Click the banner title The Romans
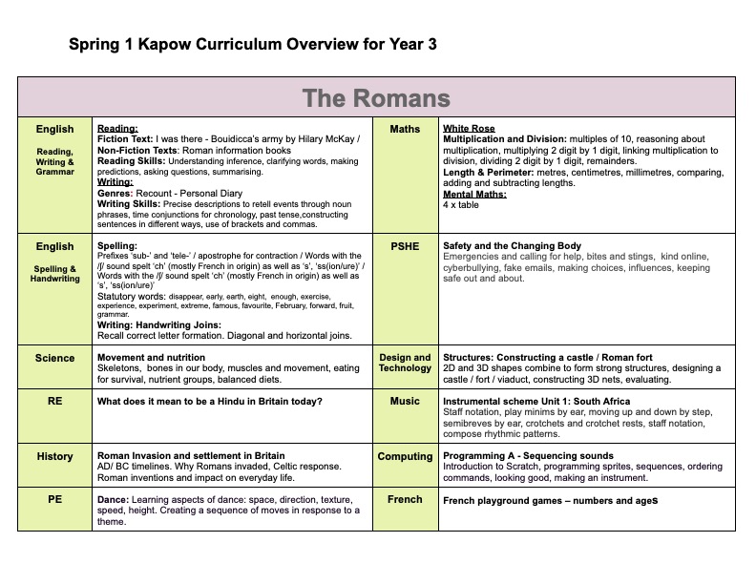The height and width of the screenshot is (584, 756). pyautogui.click(x=376, y=98)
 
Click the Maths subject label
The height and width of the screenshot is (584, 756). pyautogui.click(x=405, y=130)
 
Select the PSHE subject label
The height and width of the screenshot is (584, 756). pyautogui.click(x=405, y=246)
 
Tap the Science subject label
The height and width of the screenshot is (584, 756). pyautogui.click(x=54, y=359)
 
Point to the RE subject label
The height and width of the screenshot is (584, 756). pyautogui.click(x=54, y=402)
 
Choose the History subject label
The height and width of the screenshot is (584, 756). pyautogui.click(x=54, y=457)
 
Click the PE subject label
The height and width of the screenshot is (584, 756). pyautogui.click(x=54, y=499)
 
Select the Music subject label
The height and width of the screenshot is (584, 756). pyautogui.click(x=405, y=402)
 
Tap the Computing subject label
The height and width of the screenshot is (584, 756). pyautogui.click(x=405, y=457)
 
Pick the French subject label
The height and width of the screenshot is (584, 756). pyautogui.click(x=405, y=499)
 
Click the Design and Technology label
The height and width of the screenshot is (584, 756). pyautogui.click(x=405, y=363)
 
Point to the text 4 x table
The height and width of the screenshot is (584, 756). pyautogui.click(x=461, y=205)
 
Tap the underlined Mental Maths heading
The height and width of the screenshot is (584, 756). pyautogui.click(x=474, y=195)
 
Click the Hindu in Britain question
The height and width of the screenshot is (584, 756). pyautogui.click(x=210, y=402)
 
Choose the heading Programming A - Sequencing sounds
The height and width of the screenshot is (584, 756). pyautogui.click(x=528, y=456)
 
